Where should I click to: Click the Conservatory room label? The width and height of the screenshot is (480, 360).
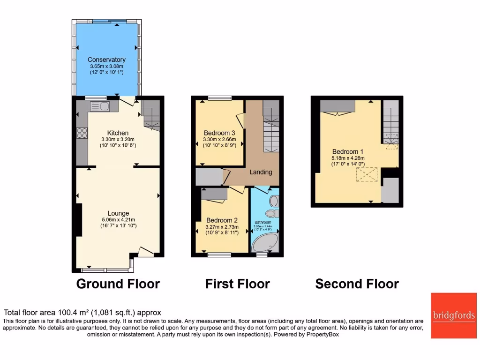[106, 60]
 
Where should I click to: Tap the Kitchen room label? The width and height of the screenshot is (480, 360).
[117, 133]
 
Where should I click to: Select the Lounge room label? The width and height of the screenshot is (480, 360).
[118, 213]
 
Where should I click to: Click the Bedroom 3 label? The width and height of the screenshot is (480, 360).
[219, 133]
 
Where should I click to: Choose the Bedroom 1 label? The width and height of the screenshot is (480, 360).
[347, 151]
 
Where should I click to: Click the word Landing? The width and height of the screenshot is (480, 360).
[261, 172]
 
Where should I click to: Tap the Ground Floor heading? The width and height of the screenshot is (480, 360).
[118, 284]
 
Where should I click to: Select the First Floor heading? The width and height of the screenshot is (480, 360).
[237, 284]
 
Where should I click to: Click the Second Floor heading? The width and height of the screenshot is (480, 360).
[357, 284]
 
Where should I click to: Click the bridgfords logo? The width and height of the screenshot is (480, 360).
[453, 315]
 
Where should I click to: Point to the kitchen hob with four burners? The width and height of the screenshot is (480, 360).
[82, 133]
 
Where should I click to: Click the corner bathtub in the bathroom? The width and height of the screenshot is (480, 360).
[265, 242]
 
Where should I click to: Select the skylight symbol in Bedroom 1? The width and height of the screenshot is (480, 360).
[367, 175]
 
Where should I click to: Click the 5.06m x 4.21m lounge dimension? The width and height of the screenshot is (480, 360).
[118, 220]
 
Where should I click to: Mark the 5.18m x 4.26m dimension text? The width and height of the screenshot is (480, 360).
[347, 158]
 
